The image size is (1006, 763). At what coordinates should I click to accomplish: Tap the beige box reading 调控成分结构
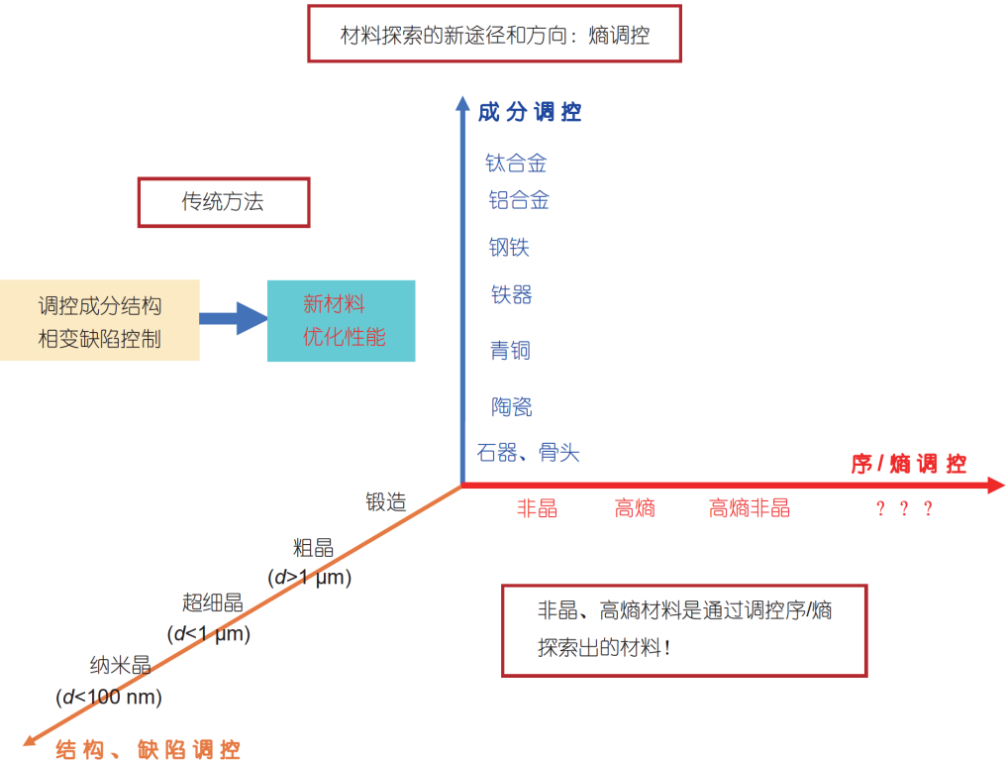point(99,320)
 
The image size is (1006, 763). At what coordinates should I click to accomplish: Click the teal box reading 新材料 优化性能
point(342,320)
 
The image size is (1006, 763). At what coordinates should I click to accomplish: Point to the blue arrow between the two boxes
point(234,318)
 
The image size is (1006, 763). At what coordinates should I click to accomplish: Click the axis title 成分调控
point(530,112)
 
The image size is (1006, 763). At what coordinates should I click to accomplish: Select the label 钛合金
point(516,163)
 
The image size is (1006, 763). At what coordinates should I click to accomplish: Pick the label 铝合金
point(519,200)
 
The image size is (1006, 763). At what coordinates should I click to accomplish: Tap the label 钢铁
point(509,248)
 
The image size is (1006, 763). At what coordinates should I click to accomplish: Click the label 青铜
point(510,351)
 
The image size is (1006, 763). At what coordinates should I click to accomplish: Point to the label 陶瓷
point(511,406)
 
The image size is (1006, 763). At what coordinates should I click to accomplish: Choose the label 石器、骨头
point(528,453)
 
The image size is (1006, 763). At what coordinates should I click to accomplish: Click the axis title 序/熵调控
point(909,464)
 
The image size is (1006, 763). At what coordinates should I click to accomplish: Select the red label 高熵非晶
point(750,508)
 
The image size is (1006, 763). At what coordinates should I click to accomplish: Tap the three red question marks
point(904,508)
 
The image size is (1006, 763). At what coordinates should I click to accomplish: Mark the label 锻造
point(385,501)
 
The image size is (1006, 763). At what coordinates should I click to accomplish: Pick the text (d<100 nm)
point(109,697)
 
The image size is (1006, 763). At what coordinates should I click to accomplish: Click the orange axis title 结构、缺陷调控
point(148,749)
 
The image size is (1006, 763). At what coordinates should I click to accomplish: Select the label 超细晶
point(212,602)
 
